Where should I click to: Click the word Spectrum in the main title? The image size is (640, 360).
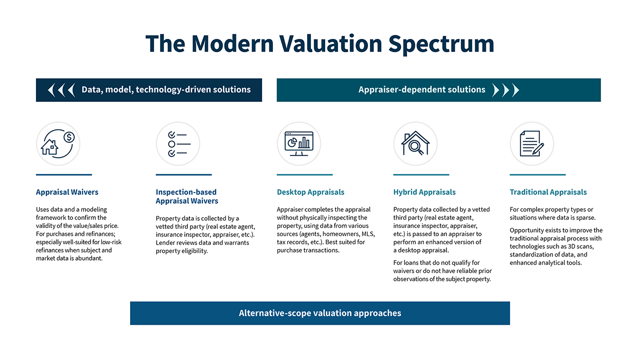pyautogui.click(x=441, y=44)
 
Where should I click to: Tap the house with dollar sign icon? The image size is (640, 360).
pyautogui.click(x=58, y=143)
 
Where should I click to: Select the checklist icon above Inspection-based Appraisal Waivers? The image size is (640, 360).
pyautogui.click(x=178, y=143)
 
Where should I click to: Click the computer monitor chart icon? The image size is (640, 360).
pyautogui.click(x=299, y=143)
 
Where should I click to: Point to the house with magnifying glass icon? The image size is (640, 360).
pyautogui.click(x=415, y=143)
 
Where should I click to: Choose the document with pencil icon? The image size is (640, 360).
pyautogui.click(x=532, y=143)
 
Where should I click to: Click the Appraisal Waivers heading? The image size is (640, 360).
pyautogui.click(x=67, y=192)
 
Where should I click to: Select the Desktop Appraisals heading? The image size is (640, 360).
pyautogui.click(x=311, y=192)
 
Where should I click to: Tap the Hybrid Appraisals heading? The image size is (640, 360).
pyautogui.click(x=424, y=192)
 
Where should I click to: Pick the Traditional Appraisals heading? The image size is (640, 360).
pyautogui.click(x=548, y=192)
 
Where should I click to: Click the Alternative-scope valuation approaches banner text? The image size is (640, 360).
pyautogui.click(x=320, y=313)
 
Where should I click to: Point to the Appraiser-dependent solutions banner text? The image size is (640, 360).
pyautogui.click(x=422, y=90)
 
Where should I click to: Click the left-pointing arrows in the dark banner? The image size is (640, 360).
pyautogui.click(x=61, y=90)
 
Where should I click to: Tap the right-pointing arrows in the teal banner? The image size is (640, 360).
pyautogui.click(x=505, y=90)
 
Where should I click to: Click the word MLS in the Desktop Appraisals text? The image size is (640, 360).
pyautogui.click(x=368, y=234)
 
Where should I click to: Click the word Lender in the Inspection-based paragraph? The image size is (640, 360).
pyautogui.click(x=166, y=242)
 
